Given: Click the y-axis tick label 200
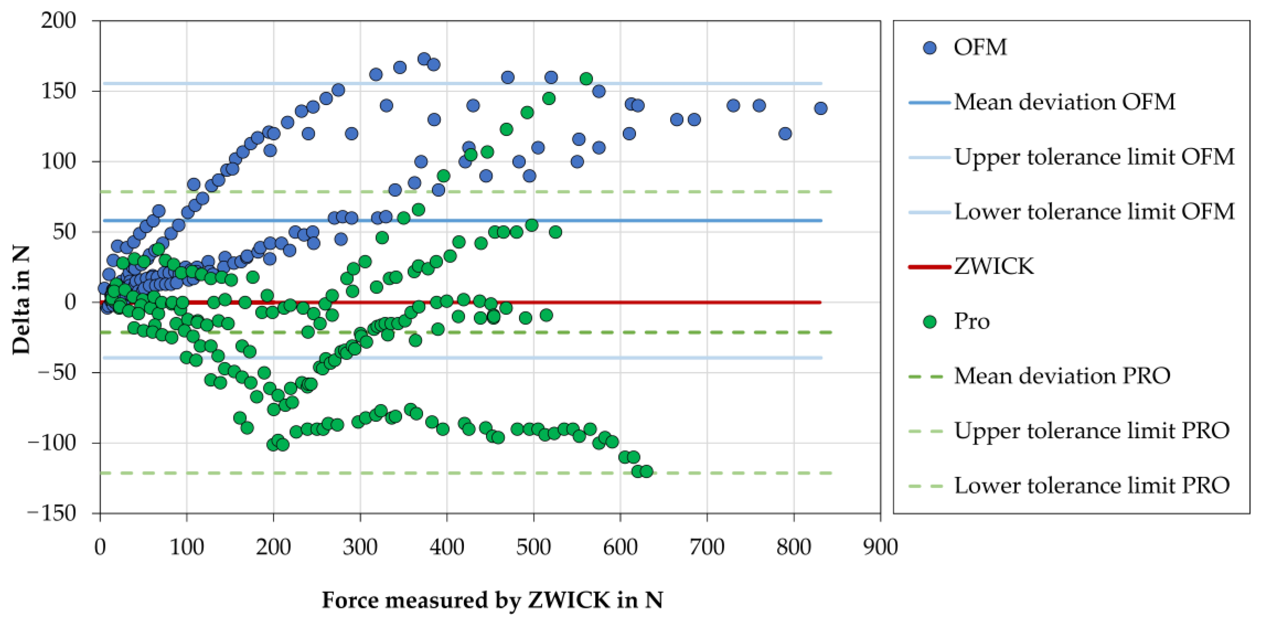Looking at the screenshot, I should click(x=58, y=21).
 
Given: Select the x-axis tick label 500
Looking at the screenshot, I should click(x=534, y=547).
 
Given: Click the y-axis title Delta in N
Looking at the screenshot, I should click(x=21, y=299).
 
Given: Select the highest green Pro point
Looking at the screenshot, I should click(x=586, y=79).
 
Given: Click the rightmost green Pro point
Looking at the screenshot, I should click(x=647, y=471).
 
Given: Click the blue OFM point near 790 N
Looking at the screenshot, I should click(x=785, y=134).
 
